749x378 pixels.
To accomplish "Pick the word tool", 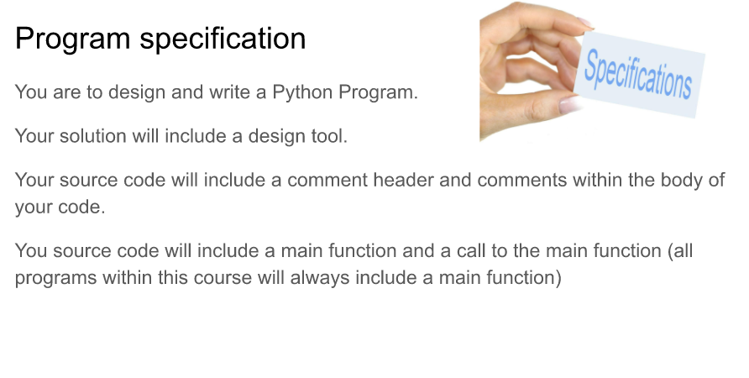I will click(329, 135).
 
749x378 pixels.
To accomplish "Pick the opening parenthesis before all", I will click(670, 251).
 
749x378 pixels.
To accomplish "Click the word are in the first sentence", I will click(65, 92).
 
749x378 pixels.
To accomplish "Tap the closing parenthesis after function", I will click(557, 277).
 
